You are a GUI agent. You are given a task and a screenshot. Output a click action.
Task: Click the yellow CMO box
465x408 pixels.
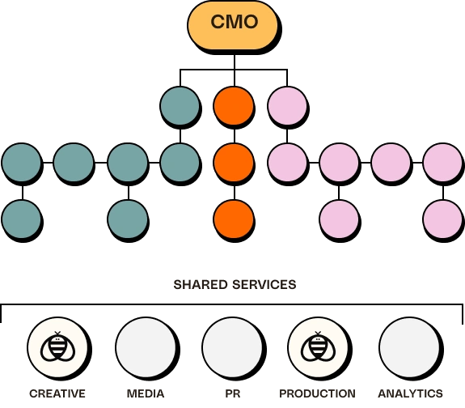233,26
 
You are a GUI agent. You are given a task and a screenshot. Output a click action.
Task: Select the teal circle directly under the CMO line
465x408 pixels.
180,106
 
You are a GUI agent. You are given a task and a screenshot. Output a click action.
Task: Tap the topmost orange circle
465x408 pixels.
234,106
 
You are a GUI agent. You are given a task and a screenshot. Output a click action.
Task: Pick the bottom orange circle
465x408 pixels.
234,219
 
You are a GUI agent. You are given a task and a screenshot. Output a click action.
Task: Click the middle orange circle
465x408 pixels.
234,163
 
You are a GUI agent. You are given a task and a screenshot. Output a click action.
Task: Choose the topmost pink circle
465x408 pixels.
287,106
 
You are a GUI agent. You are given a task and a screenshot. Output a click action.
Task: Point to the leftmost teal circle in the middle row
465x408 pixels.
21,163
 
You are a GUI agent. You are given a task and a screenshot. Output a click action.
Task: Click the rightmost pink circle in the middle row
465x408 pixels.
442,163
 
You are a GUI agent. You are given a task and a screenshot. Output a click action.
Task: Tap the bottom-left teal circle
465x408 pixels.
21,219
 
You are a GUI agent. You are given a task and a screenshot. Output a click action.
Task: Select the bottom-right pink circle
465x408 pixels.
442,219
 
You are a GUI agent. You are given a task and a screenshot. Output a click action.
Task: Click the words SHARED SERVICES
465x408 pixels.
235,284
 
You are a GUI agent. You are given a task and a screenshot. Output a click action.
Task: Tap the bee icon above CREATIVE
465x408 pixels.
57,346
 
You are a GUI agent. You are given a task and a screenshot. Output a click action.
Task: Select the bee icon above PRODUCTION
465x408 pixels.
318,346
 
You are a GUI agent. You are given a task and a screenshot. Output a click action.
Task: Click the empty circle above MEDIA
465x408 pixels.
146,347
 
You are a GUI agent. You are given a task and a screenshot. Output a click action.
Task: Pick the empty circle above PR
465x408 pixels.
233,347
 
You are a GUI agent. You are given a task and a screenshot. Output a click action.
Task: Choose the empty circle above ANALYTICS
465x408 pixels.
409,347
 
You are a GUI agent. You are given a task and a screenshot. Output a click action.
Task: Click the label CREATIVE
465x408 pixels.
57,393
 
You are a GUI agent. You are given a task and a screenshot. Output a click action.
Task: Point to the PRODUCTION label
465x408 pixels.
317,393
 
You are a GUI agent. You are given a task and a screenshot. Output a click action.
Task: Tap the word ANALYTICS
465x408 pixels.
411,393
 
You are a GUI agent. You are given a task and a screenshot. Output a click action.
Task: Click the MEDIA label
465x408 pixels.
146,393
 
